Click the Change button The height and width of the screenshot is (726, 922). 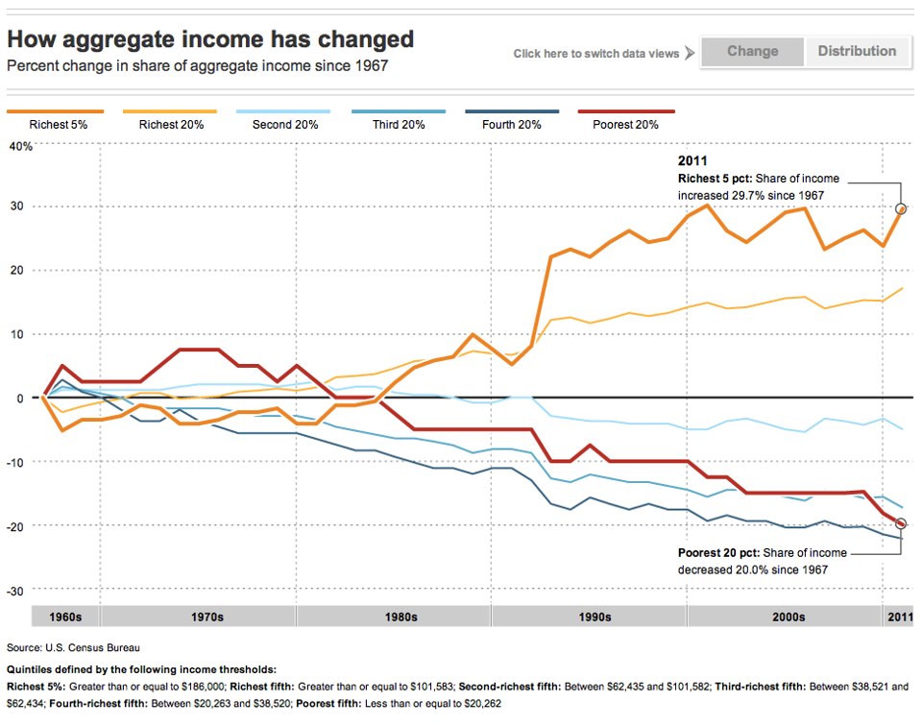coord(752,52)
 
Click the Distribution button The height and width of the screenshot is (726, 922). coord(857,52)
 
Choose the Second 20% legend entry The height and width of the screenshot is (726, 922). coord(285,124)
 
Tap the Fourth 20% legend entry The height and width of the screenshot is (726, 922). coord(513,124)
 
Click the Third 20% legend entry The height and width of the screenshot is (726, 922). coord(399,124)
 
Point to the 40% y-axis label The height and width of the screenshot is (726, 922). coord(20,147)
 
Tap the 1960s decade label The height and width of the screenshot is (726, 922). coord(66,617)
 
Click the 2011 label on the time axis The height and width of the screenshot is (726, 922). coord(899,617)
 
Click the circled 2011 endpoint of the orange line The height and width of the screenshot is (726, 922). coord(901,208)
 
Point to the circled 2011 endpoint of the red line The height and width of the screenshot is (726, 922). coord(901,523)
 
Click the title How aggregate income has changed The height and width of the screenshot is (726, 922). coord(210,39)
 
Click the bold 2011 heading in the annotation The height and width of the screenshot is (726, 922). coord(692,161)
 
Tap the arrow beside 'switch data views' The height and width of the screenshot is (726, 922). coord(689,54)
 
